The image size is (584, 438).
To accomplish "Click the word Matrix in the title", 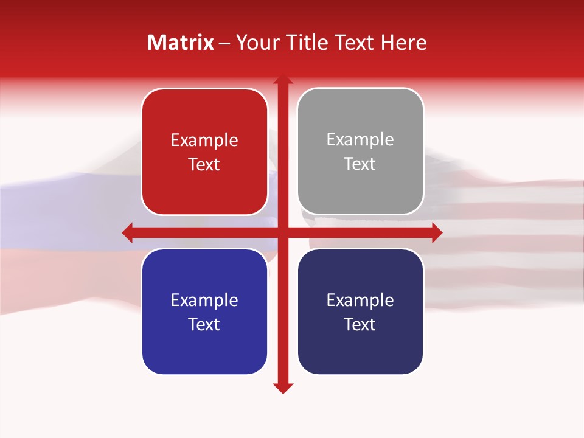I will coord(181,43).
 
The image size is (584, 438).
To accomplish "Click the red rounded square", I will coord(204,152).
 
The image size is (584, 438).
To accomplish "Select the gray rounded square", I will coord(360,152).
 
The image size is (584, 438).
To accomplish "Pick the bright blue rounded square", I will coord(204,311).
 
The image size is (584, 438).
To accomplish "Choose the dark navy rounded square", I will coord(360,311).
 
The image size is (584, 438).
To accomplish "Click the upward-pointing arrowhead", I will coord(282,79).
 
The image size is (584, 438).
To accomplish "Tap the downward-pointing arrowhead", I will coord(282,388).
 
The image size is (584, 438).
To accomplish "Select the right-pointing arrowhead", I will coord(436,232).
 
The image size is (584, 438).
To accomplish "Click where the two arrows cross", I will coord(282,232).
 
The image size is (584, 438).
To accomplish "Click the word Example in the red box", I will coord(204,141).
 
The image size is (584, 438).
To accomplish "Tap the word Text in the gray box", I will coord(360,164).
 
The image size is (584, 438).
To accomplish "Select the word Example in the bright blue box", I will coord(204,301).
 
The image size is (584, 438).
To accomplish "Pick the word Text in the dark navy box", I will coord(360,324).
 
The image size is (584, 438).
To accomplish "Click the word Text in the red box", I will coord(204,165).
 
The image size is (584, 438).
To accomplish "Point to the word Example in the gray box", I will coord(360,140).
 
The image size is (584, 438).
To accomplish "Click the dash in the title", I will coord(224,43).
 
